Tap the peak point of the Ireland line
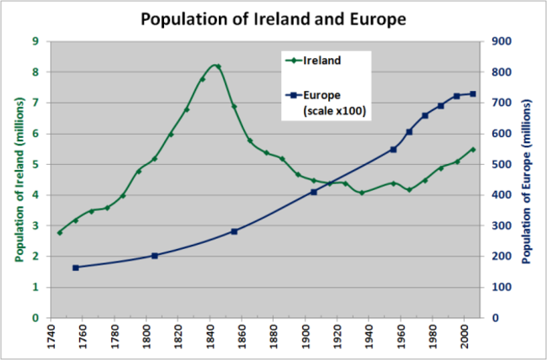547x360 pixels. tap(217, 66)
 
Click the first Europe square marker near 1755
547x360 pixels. tap(76, 267)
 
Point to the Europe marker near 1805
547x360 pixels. tap(155, 256)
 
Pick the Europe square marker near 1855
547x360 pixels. tap(234, 231)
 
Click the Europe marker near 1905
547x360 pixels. tap(314, 192)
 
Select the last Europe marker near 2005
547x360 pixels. tap(472, 93)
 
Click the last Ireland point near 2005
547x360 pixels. tap(472, 149)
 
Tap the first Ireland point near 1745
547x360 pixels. tap(60, 232)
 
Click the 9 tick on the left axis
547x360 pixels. tap(35, 41)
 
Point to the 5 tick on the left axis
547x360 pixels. tap(35, 164)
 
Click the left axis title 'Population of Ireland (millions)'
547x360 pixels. tap(14, 179)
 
